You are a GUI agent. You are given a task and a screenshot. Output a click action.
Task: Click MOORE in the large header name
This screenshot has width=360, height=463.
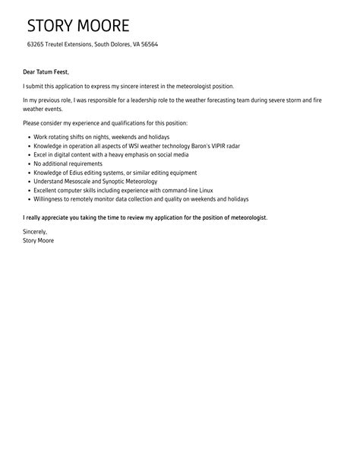(103, 26)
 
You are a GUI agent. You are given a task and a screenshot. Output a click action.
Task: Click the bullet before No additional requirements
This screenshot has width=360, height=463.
(27, 163)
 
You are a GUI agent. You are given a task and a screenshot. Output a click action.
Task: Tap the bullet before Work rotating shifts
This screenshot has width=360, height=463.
(27, 136)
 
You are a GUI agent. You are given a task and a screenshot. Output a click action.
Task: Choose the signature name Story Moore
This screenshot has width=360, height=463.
(38, 240)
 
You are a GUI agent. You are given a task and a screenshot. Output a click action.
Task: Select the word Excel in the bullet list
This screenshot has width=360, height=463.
(41, 154)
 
